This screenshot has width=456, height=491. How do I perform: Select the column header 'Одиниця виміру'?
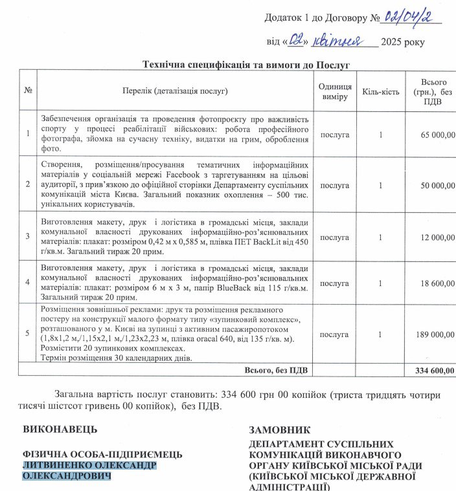[335, 91]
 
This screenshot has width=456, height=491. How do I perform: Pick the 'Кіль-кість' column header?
[380, 91]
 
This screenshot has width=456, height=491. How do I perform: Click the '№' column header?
[28, 91]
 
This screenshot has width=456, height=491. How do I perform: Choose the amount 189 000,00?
[433, 334]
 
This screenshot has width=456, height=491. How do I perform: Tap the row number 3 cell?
[28, 236]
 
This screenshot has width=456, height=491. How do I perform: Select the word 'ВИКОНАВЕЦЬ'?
[60, 429]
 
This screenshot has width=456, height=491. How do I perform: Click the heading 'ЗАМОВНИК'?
[280, 430]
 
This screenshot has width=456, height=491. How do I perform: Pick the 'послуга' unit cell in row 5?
[335, 334]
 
